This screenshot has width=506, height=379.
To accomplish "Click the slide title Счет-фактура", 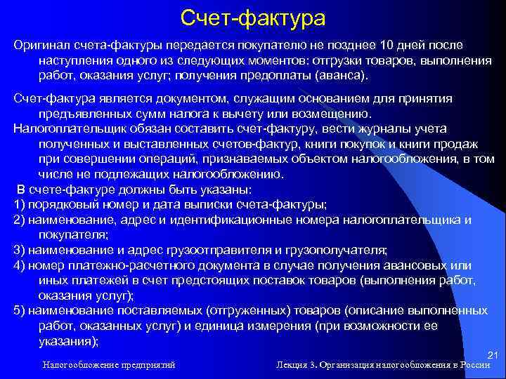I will point(253,15).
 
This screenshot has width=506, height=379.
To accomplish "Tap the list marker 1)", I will point(20,204).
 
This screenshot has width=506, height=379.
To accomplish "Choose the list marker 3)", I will point(20,250).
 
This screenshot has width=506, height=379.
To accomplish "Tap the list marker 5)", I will point(20,311).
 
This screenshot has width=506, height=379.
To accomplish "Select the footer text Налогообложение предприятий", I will point(108,365).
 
